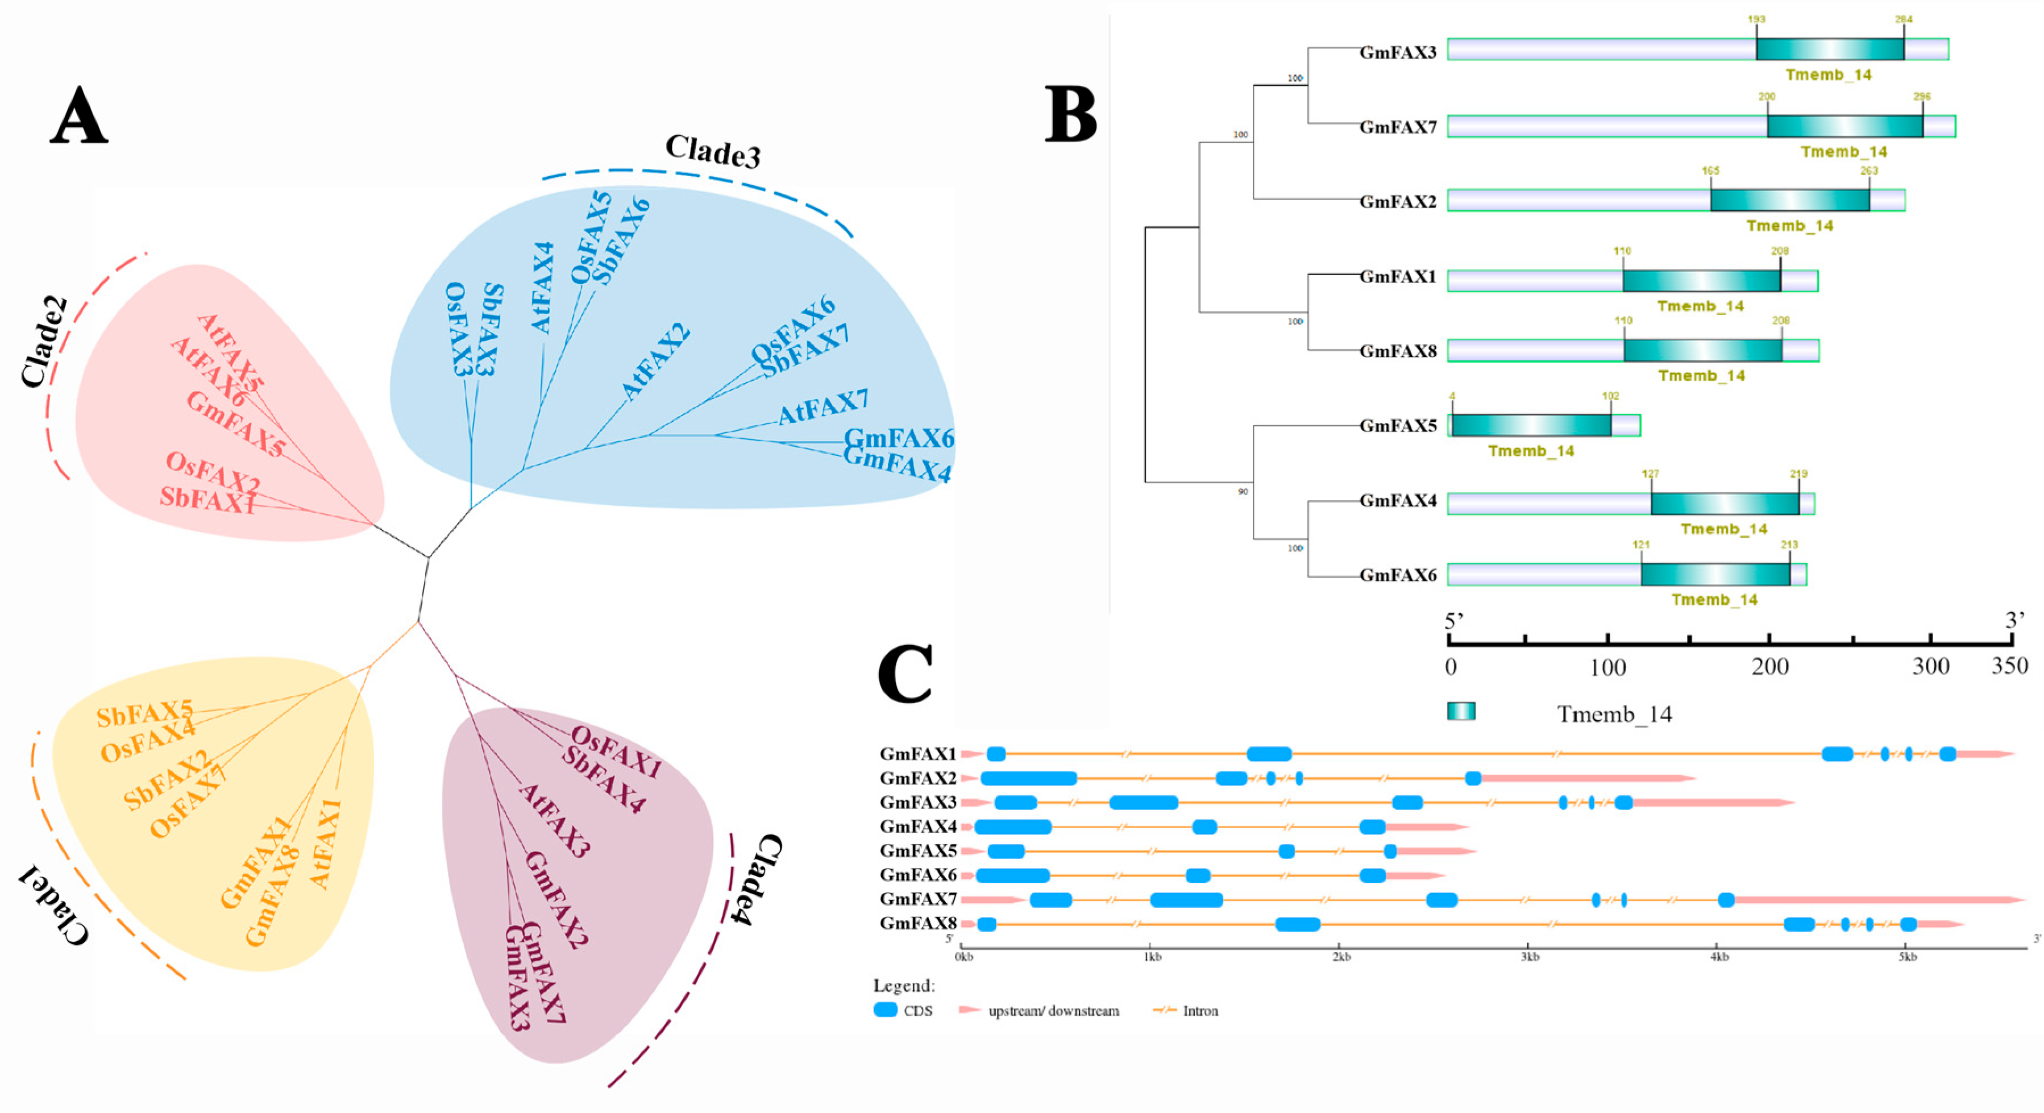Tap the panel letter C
(x=905, y=674)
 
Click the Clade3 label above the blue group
(x=713, y=151)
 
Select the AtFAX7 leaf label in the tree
(x=823, y=408)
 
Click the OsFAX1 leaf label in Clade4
(x=617, y=752)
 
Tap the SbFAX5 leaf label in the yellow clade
(x=144, y=713)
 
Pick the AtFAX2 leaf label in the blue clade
(x=655, y=362)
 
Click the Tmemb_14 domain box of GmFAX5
(x=1531, y=425)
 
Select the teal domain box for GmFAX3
(x=1829, y=49)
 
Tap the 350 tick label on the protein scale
(x=2010, y=666)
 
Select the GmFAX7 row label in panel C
(x=918, y=899)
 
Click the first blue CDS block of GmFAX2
(x=1028, y=778)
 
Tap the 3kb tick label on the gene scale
(x=1530, y=957)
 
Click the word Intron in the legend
(x=1200, y=1011)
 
